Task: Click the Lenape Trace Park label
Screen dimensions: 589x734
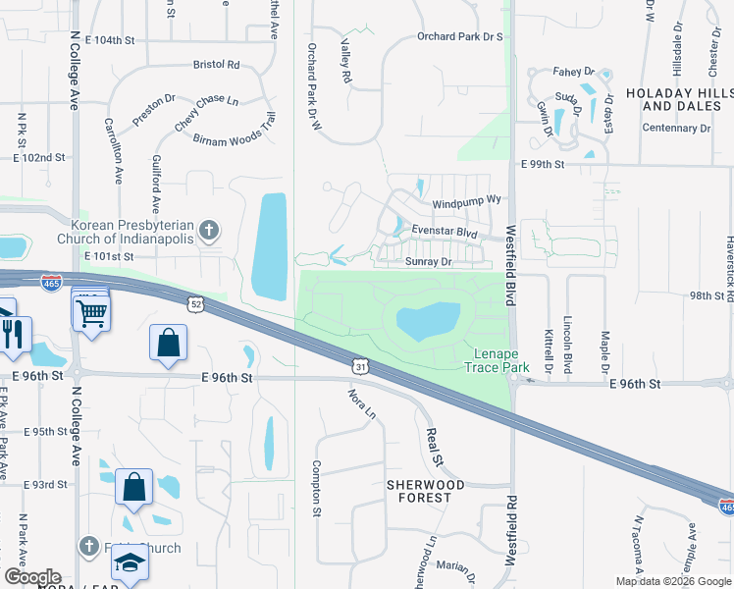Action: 496,360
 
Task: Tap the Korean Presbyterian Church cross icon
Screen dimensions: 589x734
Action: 208,232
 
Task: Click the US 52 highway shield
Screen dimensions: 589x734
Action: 196,304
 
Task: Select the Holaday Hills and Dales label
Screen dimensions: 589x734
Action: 677,98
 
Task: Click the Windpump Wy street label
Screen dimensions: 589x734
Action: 466,200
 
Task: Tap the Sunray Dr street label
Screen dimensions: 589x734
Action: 428,262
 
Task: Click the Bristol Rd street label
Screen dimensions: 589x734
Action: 217,65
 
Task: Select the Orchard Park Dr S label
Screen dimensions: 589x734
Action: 459,36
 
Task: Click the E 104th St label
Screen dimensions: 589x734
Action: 109,40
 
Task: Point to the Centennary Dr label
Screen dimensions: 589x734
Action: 676,128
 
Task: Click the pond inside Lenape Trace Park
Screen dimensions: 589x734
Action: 428,320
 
